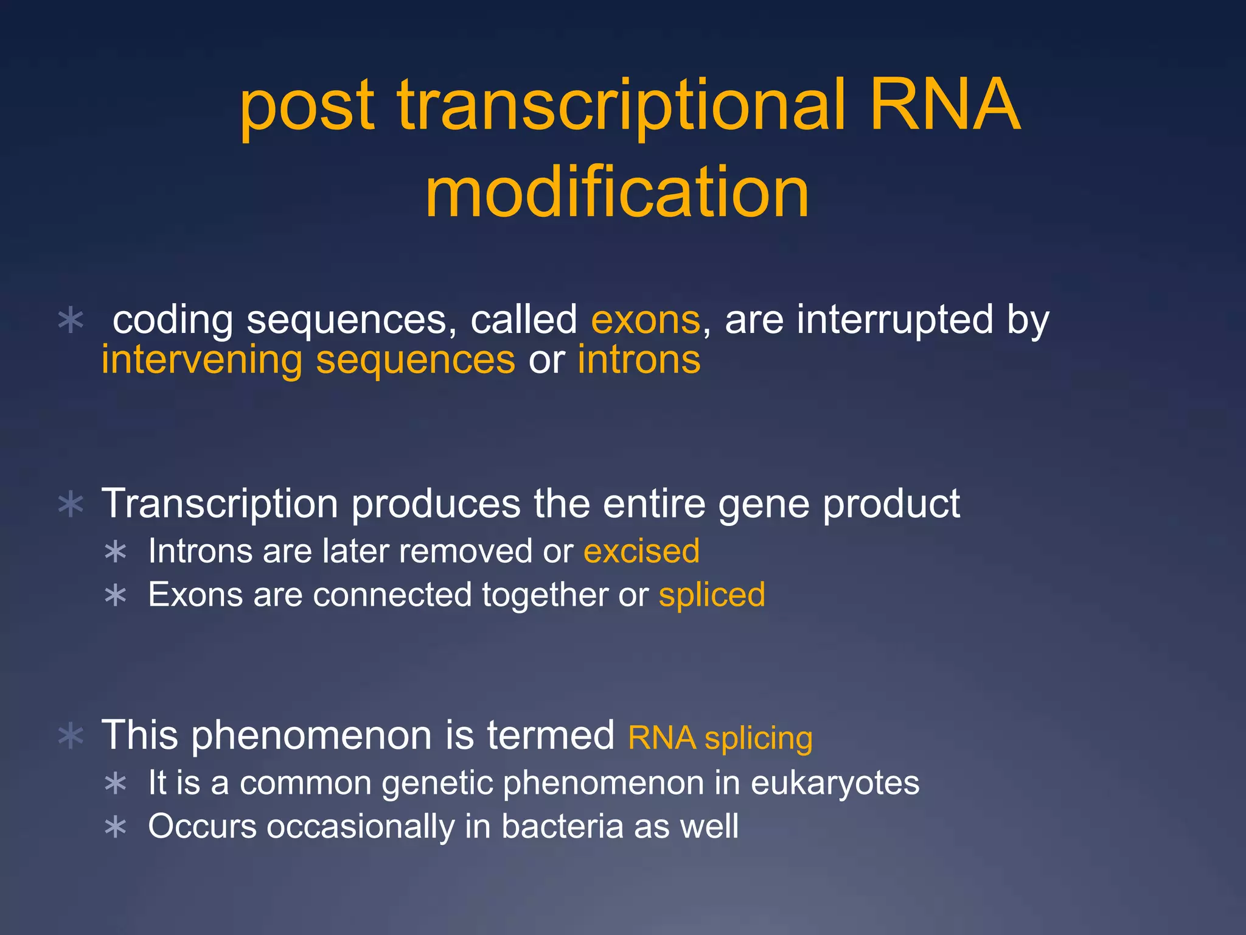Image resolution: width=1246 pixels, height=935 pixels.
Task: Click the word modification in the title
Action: click(x=617, y=193)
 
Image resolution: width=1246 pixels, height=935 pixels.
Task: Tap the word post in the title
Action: click(x=307, y=107)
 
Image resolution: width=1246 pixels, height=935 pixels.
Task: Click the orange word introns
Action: click(x=639, y=360)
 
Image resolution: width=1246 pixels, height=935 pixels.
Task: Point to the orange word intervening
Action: click(x=201, y=360)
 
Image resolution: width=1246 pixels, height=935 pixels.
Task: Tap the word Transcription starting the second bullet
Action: click(x=220, y=504)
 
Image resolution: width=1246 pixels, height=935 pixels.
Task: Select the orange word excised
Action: click(x=641, y=552)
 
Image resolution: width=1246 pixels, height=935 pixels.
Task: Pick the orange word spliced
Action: click(x=712, y=595)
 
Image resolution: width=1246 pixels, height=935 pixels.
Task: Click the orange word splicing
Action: click(x=758, y=738)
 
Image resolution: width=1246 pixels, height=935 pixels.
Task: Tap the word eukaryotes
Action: click(x=835, y=783)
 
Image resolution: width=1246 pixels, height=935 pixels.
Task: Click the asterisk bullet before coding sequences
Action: click(x=71, y=320)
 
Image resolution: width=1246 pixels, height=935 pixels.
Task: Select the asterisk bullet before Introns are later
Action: click(x=115, y=552)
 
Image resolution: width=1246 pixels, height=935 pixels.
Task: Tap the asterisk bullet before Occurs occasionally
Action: click(x=115, y=827)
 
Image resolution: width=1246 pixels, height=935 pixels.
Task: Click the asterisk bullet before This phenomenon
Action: click(x=71, y=736)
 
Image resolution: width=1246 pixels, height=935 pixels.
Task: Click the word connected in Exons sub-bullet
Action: click(x=392, y=595)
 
